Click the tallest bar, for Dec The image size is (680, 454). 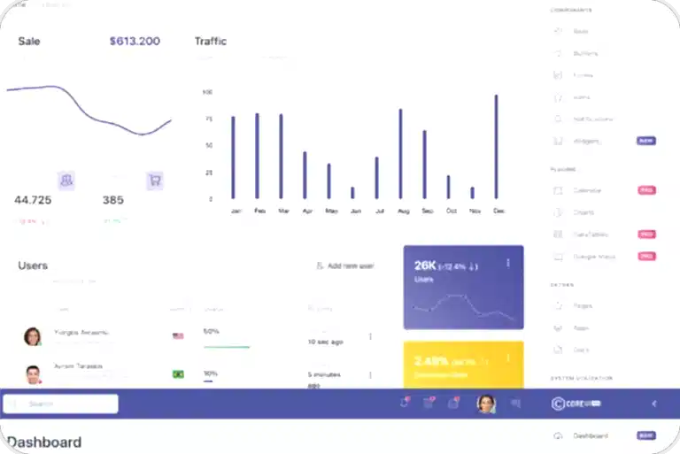pyautogui.click(x=496, y=146)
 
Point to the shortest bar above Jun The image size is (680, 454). pyautogui.click(x=352, y=192)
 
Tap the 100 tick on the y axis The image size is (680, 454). pyautogui.click(x=208, y=92)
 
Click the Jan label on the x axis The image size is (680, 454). pyautogui.click(x=236, y=212)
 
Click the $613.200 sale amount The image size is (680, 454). pyautogui.click(x=135, y=41)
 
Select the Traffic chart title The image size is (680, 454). pyautogui.click(x=211, y=41)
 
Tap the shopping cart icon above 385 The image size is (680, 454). pyautogui.click(x=155, y=180)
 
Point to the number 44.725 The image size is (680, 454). pyautogui.click(x=33, y=200)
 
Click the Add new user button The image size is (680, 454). pyautogui.click(x=345, y=265)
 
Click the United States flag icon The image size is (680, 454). pyautogui.click(x=178, y=335)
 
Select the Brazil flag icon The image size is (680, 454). pyautogui.click(x=178, y=374)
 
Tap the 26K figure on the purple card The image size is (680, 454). pyautogui.click(x=425, y=265)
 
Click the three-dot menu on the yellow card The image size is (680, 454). pyautogui.click(x=508, y=358)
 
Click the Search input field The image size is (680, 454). pyautogui.click(x=61, y=404)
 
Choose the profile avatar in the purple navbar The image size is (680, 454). pyautogui.click(x=486, y=404)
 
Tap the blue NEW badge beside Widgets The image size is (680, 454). pyautogui.click(x=646, y=141)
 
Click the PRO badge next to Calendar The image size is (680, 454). pyautogui.click(x=646, y=190)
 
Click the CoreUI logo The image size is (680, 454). pyautogui.click(x=576, y=404)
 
